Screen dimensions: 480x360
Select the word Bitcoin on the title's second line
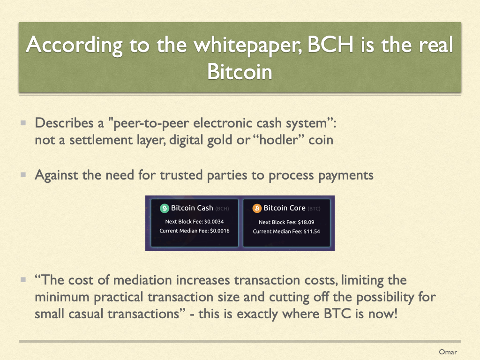240,72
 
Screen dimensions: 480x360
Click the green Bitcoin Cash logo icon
165,209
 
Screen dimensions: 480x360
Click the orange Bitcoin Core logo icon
257,209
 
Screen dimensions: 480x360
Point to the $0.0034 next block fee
214,222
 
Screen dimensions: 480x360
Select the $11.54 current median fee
312,232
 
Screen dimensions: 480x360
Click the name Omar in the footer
448,352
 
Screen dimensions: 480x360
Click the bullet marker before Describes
23,123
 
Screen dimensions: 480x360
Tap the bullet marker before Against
23,175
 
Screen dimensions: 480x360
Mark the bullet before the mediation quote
23,280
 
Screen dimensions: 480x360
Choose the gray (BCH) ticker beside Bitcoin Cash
222,209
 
